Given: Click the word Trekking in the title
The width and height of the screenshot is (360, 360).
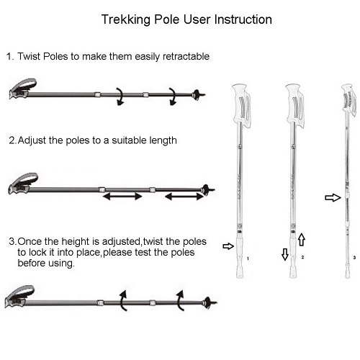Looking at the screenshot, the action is (126, 20).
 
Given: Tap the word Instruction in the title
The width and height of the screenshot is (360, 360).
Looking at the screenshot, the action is (243, 19).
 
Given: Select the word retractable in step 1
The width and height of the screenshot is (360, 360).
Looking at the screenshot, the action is (186, 57).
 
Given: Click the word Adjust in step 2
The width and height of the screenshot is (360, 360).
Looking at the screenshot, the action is (32, 140).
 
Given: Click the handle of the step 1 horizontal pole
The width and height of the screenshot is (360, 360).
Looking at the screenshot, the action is (23, 89).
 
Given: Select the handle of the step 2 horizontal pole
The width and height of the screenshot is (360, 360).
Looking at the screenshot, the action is (23, 184).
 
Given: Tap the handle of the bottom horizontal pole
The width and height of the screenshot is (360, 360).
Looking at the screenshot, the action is (19, 297).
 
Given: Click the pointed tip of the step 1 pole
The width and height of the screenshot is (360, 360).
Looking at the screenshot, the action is (204, 94).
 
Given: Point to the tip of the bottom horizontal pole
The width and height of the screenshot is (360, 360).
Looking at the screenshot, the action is (216, 302).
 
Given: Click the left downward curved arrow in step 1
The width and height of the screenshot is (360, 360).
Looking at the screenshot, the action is (121, 96).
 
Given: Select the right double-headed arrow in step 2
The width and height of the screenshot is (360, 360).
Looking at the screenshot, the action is (184, 197).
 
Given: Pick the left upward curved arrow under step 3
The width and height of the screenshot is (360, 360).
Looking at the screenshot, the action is (123, 300).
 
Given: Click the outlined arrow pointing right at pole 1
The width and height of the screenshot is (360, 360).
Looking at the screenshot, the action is (228, 246).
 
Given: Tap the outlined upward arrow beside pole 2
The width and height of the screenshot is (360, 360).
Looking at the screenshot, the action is (302, 240).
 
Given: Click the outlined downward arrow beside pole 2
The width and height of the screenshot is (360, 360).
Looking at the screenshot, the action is (285, 254).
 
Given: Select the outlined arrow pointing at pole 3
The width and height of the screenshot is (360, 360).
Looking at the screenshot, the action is (333, 198).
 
